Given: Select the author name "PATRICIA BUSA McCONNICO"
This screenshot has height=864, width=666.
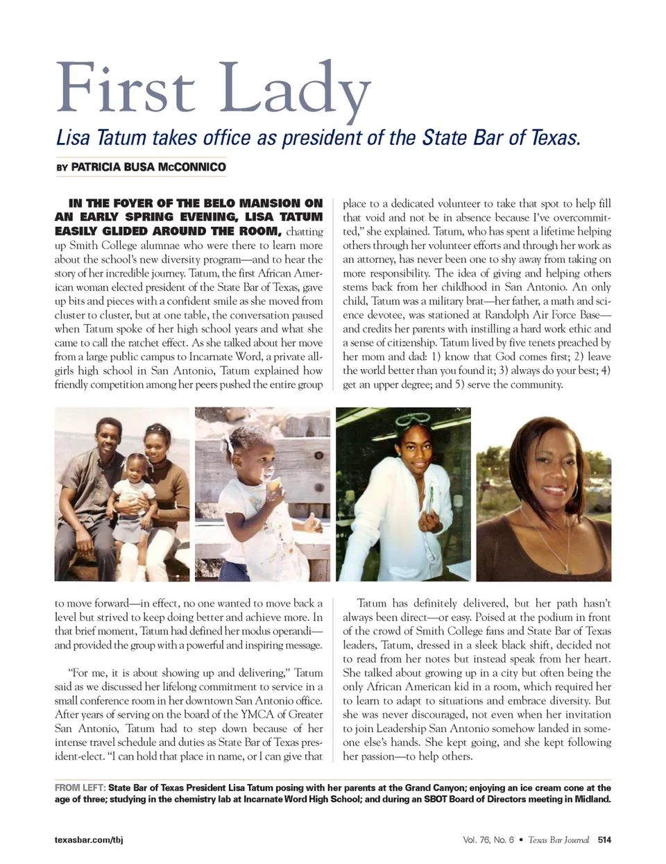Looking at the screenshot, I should tap(148, 167).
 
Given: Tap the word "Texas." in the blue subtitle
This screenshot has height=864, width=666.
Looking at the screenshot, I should tap(555, 137).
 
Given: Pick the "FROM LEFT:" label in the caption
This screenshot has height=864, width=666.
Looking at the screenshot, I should tap(80, 788).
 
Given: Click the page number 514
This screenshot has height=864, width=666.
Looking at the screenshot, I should tap(604, 840).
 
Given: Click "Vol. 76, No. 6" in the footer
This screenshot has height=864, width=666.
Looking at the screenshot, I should tap(488, 840).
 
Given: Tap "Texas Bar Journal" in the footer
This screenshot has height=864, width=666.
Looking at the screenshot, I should tap(558, 840).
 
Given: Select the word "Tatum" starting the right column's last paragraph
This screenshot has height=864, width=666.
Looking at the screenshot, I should tap(374, 604).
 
